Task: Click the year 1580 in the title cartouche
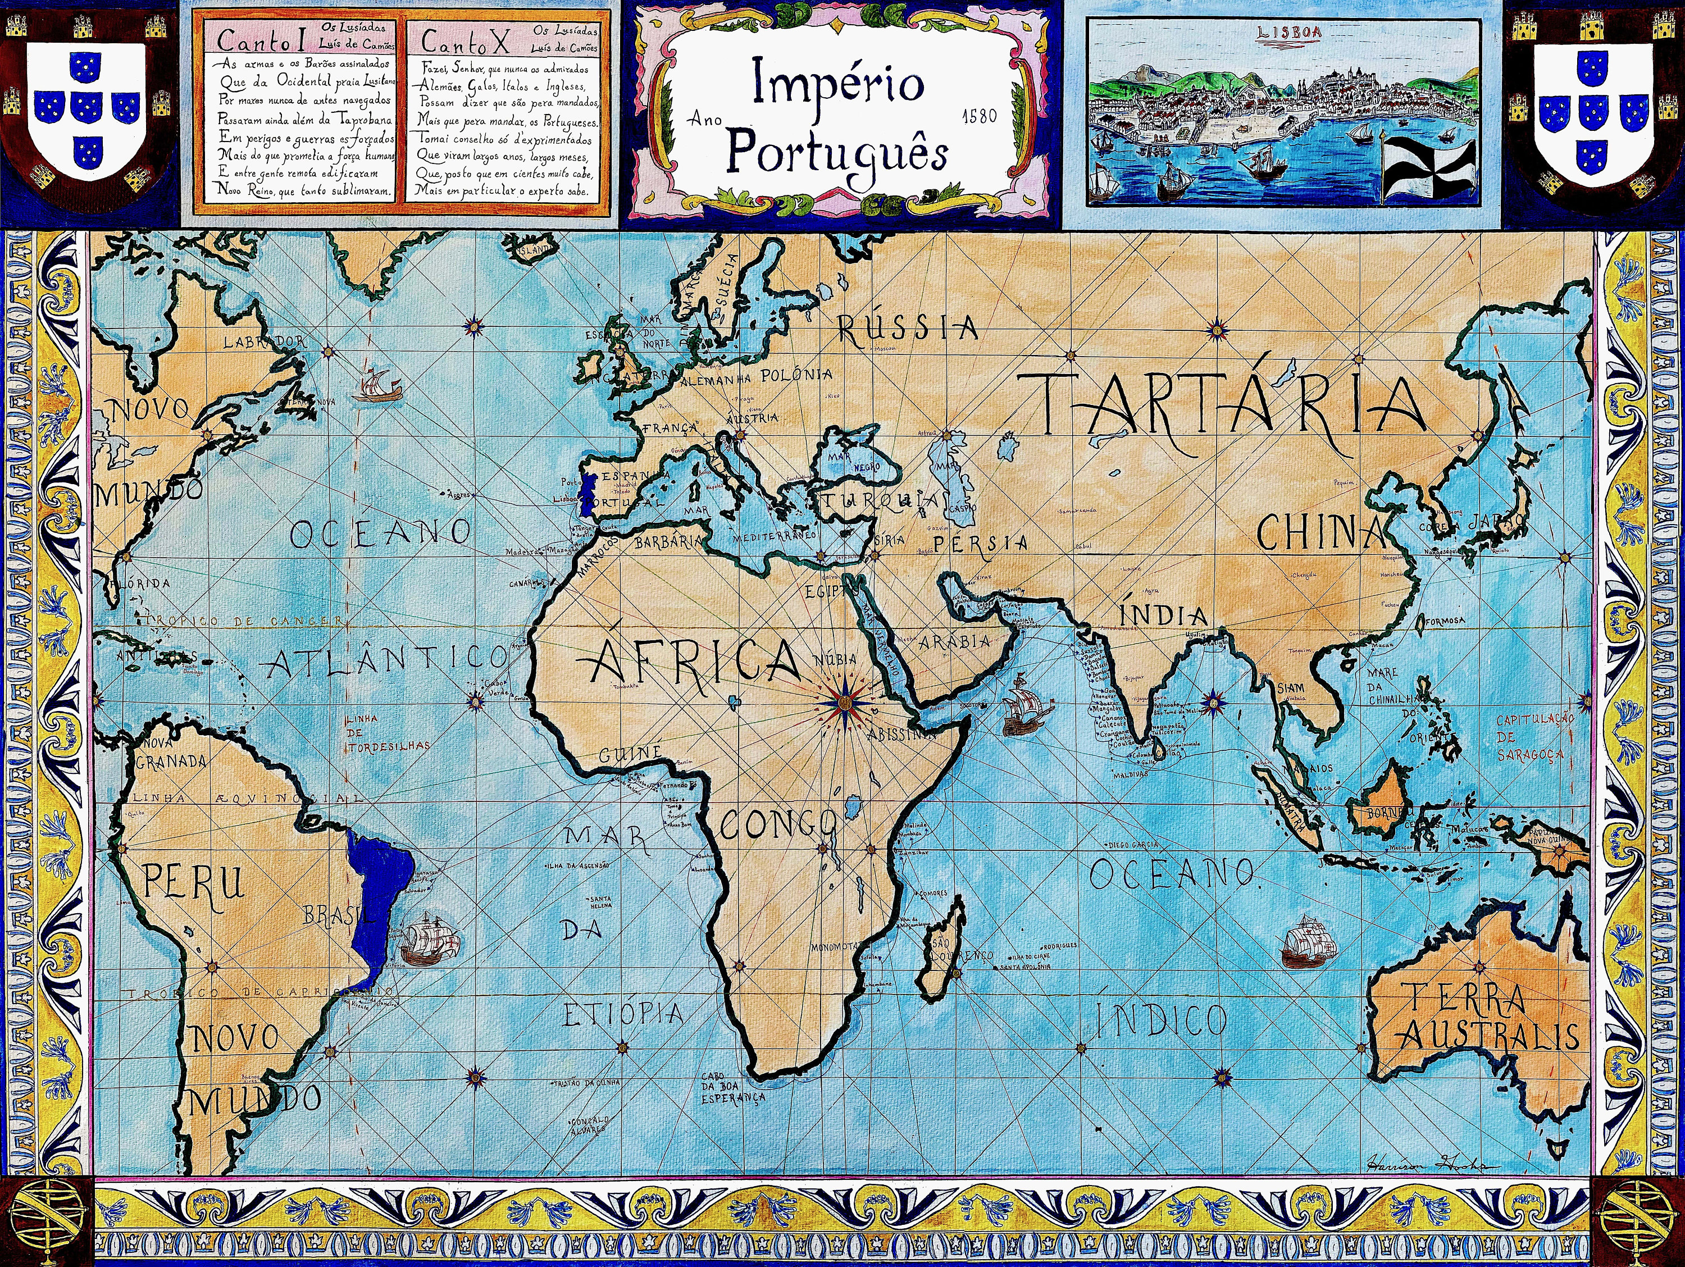tap(979, 117)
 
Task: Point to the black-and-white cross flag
tap(1428, 171)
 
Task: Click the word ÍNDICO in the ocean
tap(1160, 1019)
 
